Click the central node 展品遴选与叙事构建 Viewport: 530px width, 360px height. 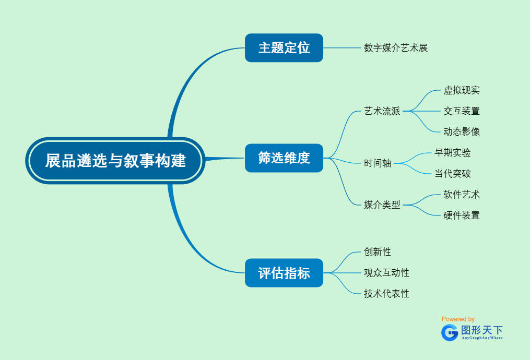115,161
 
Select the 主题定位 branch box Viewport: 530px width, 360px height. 284,48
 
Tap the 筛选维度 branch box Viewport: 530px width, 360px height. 284,158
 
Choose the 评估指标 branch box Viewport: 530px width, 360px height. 284,272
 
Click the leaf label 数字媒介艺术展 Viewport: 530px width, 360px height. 396,48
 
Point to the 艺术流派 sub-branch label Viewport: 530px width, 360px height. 382,111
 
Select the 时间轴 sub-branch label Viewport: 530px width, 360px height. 378,163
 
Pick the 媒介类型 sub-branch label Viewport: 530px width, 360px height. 382,205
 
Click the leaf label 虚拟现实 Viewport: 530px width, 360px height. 462,90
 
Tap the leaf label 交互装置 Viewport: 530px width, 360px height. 462,111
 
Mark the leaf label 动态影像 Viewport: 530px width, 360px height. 462,131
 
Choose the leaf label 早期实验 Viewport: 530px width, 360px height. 453,152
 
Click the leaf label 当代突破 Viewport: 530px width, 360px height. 453,173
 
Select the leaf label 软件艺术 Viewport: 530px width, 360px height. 462,194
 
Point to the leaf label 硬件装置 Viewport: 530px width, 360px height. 462,215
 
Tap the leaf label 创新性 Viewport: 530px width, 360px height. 378,251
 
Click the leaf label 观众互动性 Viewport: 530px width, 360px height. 386,272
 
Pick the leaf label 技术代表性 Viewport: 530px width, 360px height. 386,293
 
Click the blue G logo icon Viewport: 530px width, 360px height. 449,332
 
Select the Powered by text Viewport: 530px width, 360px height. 458,319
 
